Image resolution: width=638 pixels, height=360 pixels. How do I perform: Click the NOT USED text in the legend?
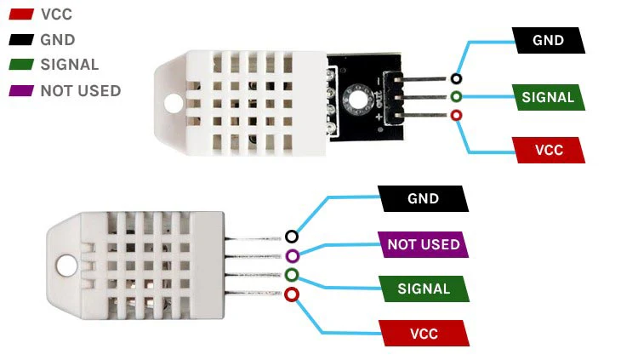[80, 90]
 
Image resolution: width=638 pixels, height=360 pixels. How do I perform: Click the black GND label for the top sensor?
[548, 40]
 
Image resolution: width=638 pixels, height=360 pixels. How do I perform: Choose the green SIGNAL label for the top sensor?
[548, 97]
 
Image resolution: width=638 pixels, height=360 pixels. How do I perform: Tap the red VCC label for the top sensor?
[548, 150]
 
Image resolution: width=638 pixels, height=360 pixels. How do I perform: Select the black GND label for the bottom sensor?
[423, 199]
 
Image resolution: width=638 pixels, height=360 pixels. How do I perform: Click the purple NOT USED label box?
[423, 245]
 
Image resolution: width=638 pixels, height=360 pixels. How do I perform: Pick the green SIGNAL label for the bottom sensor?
[423, 289]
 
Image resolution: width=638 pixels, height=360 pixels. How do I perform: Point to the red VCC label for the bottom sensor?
[423, 334]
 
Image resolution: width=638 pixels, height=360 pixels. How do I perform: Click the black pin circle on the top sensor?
[457, 79]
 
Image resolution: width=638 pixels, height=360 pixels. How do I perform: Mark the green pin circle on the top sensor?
[457, 97]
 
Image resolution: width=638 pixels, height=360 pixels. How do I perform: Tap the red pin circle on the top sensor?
[457, 115]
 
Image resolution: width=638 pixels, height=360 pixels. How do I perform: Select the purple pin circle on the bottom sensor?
[292, 256]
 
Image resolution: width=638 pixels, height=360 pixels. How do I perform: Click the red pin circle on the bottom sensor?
[292, 295]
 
